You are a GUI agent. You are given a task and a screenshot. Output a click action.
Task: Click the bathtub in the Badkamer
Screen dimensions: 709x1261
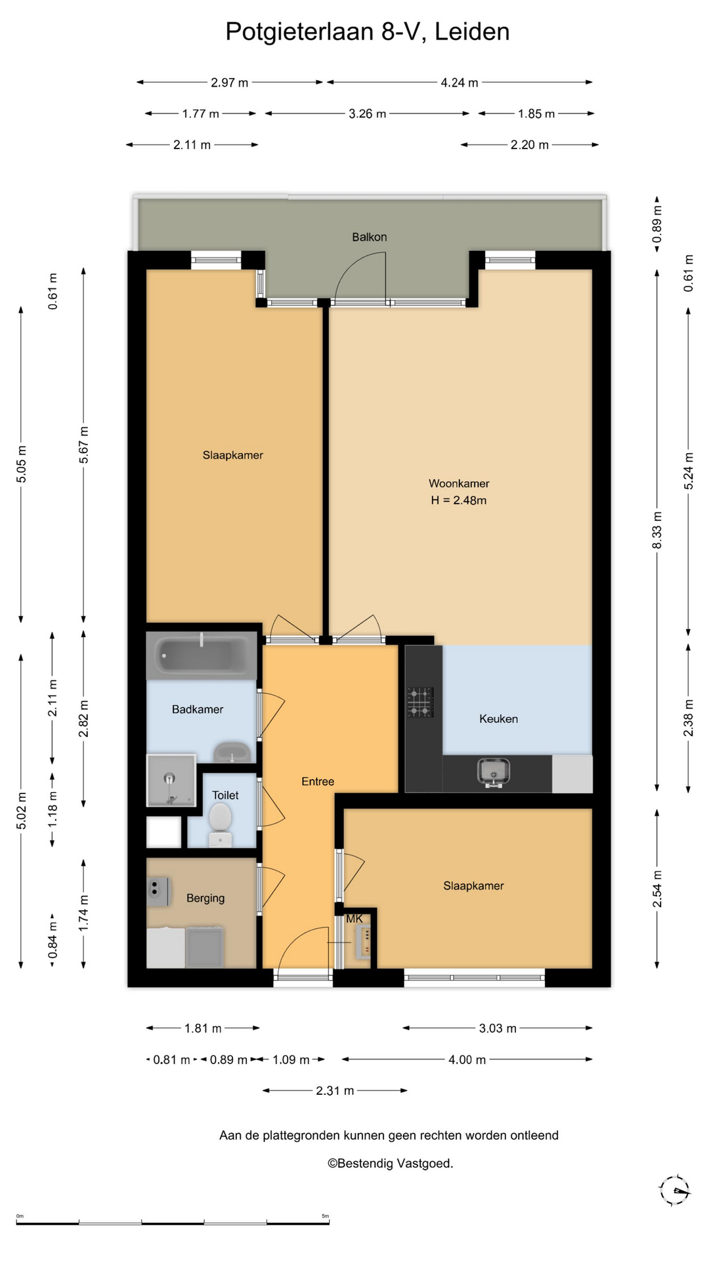click(x=201, y=655)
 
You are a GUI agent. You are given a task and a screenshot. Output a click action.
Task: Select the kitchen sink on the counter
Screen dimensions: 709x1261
click(x=494, y=772)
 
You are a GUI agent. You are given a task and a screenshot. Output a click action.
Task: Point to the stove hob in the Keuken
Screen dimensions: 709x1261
click(x=420, y=701)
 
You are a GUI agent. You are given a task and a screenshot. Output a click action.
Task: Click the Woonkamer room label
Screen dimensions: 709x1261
click(x=459, y=483)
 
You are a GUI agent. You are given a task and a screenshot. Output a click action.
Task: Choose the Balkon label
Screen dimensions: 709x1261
click(x=369, y=237)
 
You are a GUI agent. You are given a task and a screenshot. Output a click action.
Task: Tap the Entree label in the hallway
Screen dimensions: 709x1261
click(x=318, y=782)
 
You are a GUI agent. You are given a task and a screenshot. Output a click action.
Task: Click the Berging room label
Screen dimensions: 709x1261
click(x=205, y=898)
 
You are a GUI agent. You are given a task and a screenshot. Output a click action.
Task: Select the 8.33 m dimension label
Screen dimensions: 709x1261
click(x=657, y=530)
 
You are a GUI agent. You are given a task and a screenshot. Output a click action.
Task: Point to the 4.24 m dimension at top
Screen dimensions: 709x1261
click(x=460, y=83)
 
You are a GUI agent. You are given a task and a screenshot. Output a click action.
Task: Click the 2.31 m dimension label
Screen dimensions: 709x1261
click(x=335, y=1091)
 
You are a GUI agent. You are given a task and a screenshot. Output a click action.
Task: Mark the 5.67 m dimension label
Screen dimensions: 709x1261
click(x=84, y=445)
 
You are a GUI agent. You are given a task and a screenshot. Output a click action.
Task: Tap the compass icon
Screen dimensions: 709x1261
click(x=674, y=1190)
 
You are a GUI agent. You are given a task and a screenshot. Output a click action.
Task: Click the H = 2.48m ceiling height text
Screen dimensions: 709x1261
click(x=458, y=500)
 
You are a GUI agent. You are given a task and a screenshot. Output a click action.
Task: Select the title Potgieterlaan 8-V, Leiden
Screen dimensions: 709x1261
click(x=368, y=32)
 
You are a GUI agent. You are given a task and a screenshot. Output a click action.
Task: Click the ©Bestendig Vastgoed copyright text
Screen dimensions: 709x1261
click(x=391, y=1163)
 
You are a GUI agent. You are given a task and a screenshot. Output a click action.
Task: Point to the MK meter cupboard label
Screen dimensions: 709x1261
click(x=354, y=919)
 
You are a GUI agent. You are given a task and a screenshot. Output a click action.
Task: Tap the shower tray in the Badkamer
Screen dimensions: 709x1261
click(x=171, y=780)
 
